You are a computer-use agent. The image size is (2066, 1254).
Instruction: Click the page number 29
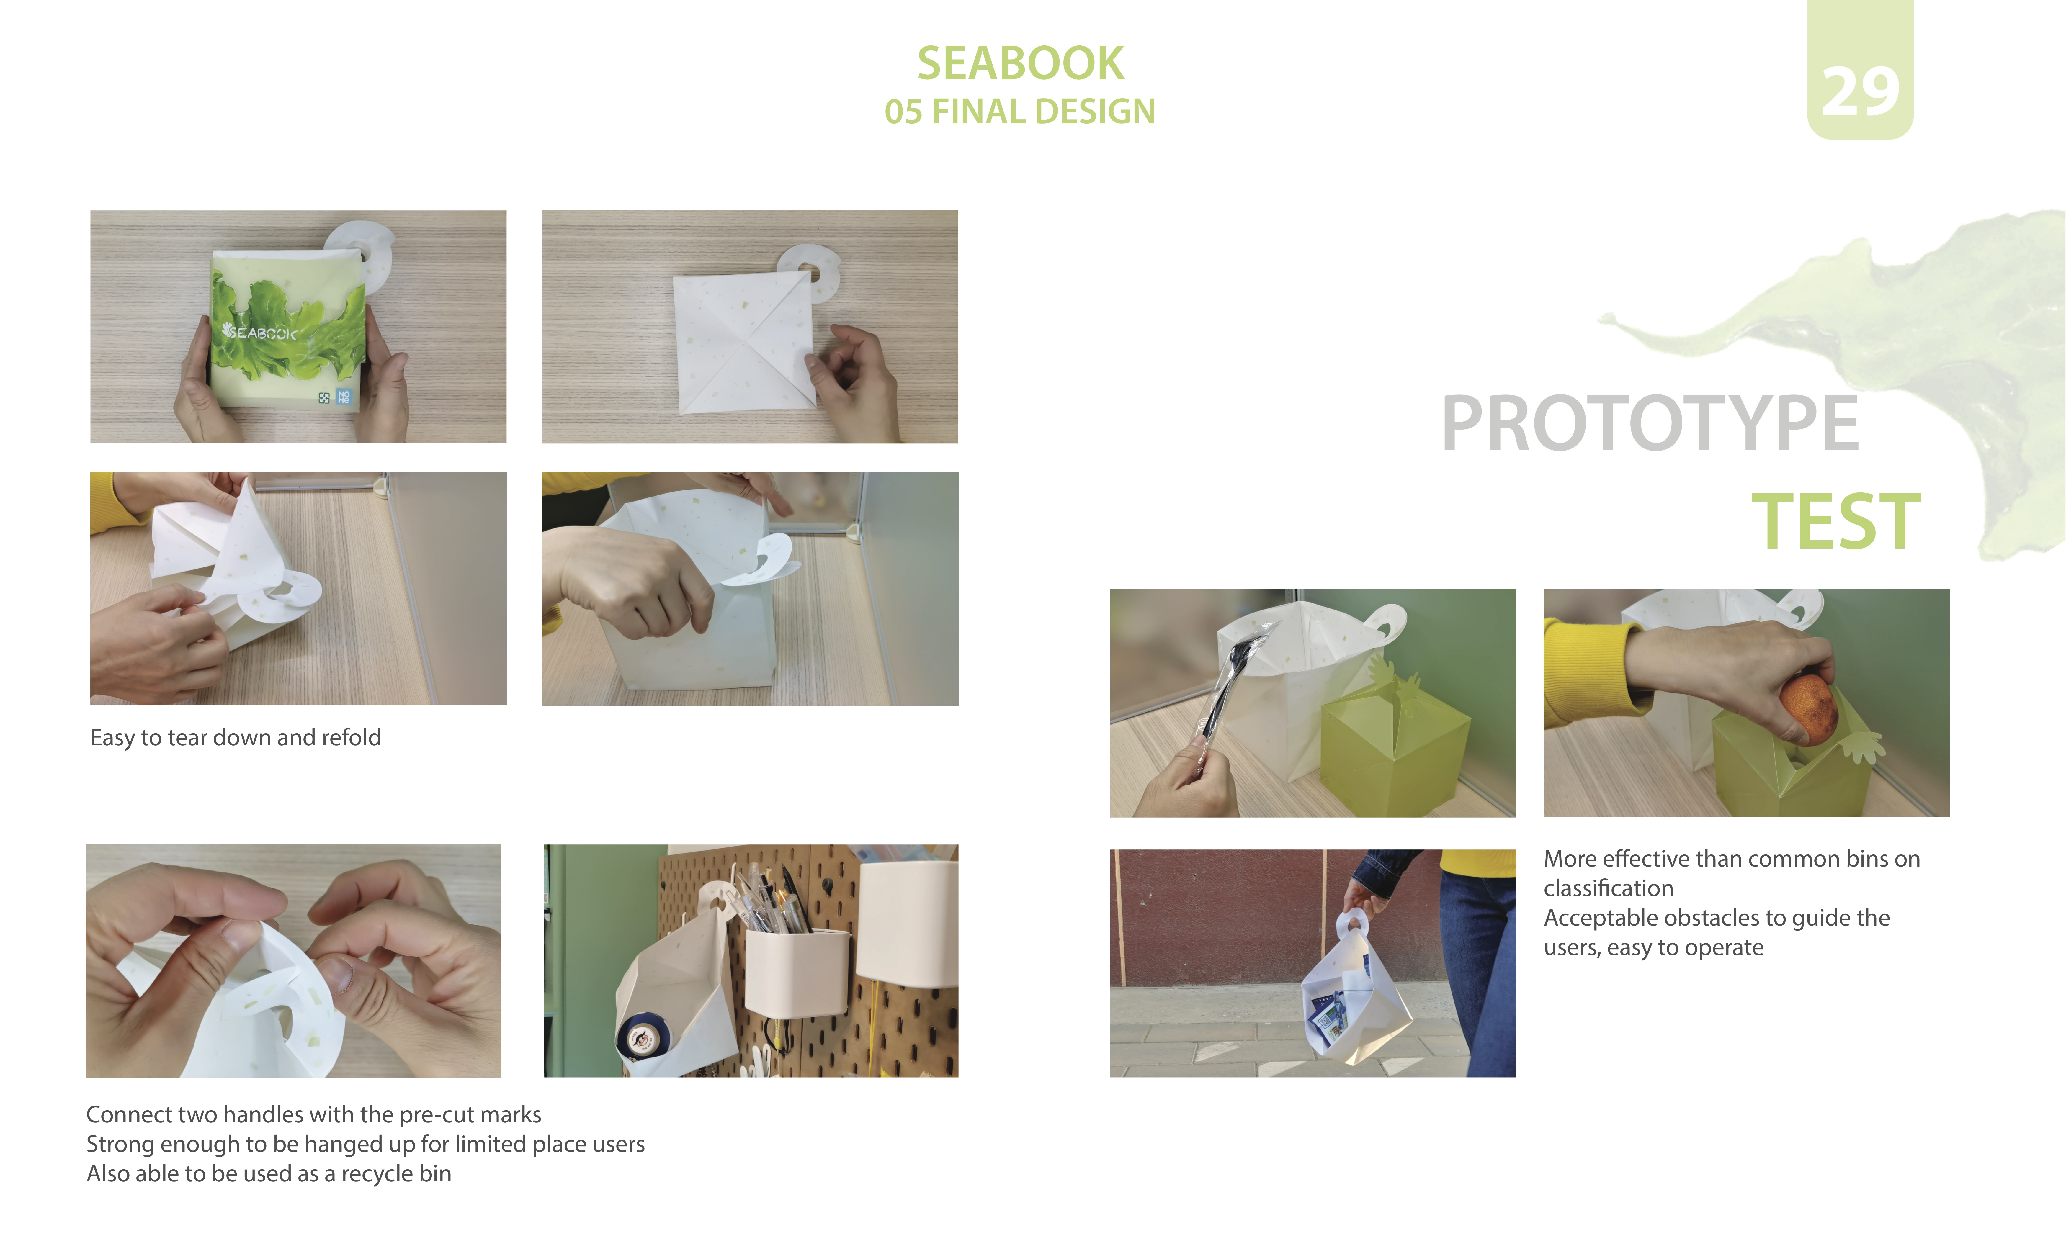coord(1860,92)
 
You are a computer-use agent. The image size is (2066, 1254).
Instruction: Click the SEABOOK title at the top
coord(1020,64)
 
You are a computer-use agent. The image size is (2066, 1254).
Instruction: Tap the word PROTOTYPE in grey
coord(1650,424)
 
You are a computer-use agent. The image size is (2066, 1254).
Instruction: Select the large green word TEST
coord(1836,522)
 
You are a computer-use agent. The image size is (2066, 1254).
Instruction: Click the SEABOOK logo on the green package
coord(260,333)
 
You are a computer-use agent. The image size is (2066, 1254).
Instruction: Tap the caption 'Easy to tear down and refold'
coord(236,738)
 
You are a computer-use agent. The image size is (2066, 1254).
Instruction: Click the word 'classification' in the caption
coord(1608,888)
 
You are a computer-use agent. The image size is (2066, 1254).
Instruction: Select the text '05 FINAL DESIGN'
coord(1020,112)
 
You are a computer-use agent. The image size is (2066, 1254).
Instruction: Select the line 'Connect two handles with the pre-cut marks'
coord(313,1115)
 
